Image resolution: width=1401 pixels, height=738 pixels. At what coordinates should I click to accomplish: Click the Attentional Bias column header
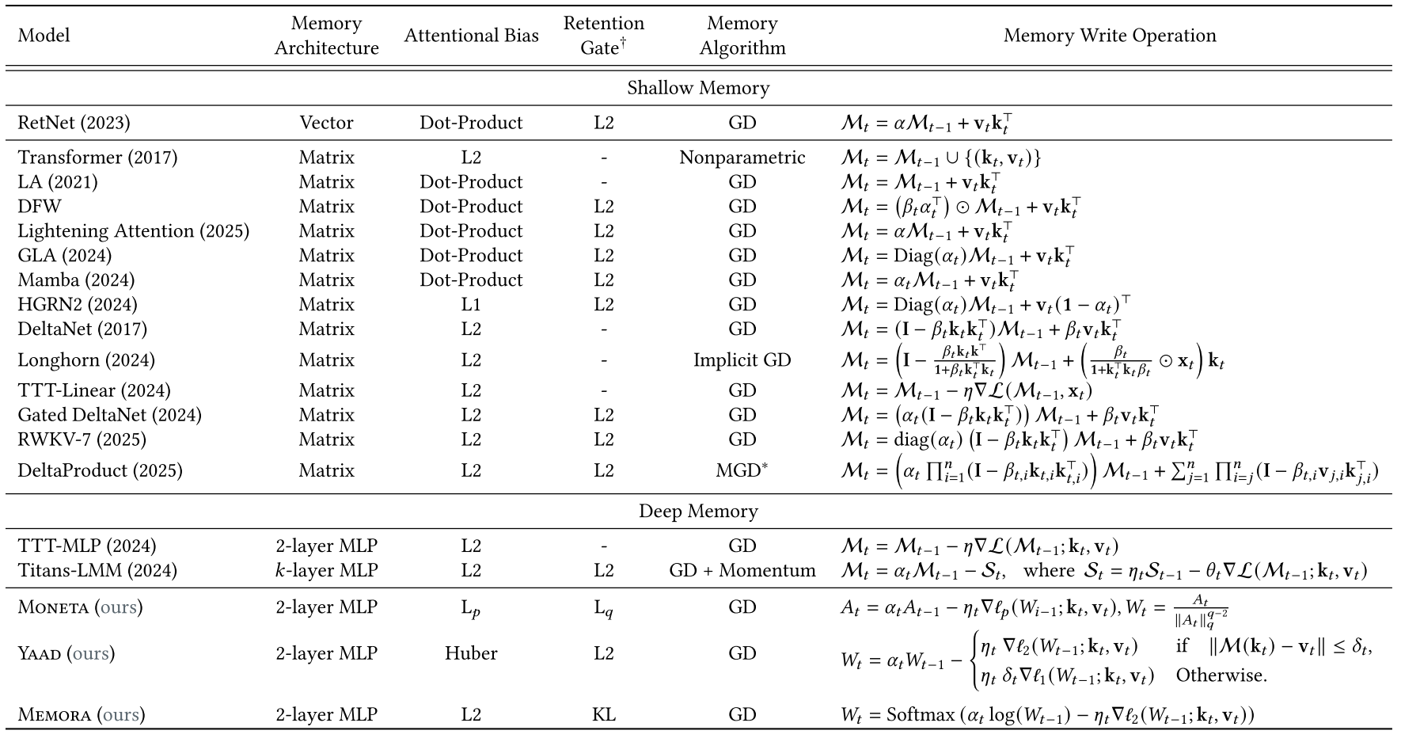click(471, 36)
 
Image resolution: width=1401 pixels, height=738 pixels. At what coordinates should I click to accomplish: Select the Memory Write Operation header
click(1109, 36)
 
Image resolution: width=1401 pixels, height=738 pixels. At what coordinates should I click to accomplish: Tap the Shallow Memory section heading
click(698, 88)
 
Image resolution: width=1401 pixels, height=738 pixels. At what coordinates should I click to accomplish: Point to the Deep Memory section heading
click(698, 512)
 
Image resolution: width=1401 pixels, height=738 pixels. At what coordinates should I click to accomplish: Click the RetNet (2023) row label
click(74, 123)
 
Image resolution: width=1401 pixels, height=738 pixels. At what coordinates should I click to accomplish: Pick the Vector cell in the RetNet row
click(326, 123)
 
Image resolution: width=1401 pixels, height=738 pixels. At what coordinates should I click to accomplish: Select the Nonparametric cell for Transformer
click(742, 158)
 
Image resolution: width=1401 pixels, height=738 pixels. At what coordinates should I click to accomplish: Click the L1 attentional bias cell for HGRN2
click(471, 305)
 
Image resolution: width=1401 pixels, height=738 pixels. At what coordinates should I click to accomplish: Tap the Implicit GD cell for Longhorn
click(742, 360)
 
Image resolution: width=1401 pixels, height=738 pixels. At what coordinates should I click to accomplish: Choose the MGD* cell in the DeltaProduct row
click(742, 470)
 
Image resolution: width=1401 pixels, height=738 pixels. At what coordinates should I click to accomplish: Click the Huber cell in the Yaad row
click(471, 653)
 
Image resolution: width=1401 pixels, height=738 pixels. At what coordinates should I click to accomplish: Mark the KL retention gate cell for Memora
click(604, 715)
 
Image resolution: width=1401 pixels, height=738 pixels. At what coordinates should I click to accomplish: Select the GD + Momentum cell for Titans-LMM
click(742, 571)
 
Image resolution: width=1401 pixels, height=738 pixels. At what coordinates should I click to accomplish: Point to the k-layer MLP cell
click(326, 571)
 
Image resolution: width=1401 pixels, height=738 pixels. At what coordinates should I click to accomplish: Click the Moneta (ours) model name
click(80, 607)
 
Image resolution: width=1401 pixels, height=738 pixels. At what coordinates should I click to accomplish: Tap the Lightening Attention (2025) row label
click(133, 231)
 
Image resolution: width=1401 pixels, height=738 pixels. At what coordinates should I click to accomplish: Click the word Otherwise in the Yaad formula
click(1221, 675)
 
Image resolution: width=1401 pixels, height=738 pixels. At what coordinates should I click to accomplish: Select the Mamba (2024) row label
click(76, 280)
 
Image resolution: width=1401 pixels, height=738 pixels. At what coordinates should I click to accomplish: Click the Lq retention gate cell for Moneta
click(604, 608)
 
